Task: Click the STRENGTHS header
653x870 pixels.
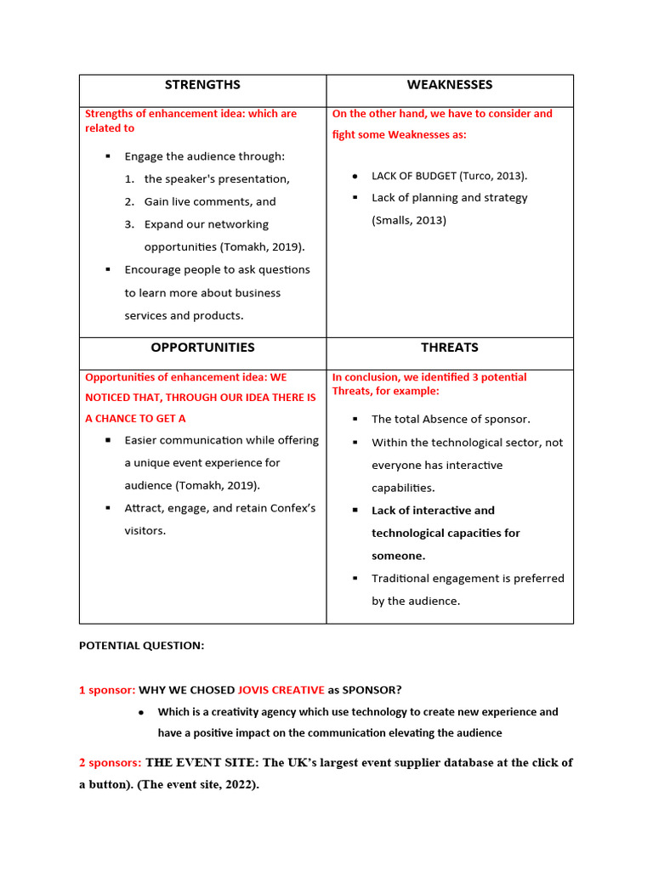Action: pyautogui.click(x=202, y=85)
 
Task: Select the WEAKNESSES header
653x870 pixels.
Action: pyautogui.click(x=449, y=85)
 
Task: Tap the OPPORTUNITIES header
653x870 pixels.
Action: pyautogui.click(x=202, y=347)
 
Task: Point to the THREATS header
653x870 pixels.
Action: pyautogui.click(x=449, y=347)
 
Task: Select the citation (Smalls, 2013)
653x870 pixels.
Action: pyautogui.click(x=409, y=221)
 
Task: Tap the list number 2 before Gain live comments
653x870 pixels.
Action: pyautogui.click(x=129, y=202)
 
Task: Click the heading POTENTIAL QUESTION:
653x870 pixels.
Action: pyautogui.click(x=141, y=646)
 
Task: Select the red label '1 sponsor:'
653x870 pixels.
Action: pyautogui.click(x=107, y=690)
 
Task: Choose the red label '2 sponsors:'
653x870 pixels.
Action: pyautogui.click(x=110, y=763)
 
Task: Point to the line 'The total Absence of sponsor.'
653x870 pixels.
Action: pyautogui.click(x=451, y=420)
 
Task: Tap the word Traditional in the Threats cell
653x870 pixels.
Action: pyautogui.click(x=400, y=579)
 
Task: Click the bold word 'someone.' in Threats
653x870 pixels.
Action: pyautogui.click(x=399, y=556)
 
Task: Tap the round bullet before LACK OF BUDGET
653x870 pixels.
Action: pyautogui.click(x=355, y=176)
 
